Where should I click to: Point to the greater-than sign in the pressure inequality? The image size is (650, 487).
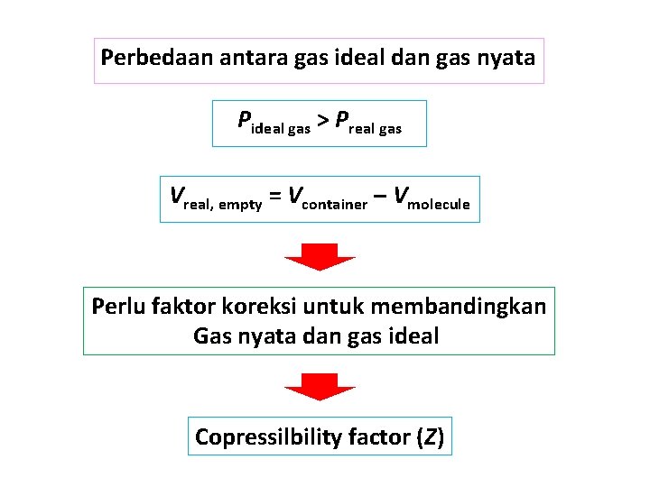[321, 120]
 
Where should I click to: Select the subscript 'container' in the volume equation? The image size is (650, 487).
[335, 204]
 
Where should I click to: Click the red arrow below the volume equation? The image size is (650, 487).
[320, 256]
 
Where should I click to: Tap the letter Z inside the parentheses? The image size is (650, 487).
[433, 437]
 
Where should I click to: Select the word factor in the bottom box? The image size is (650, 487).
[381, 437]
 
